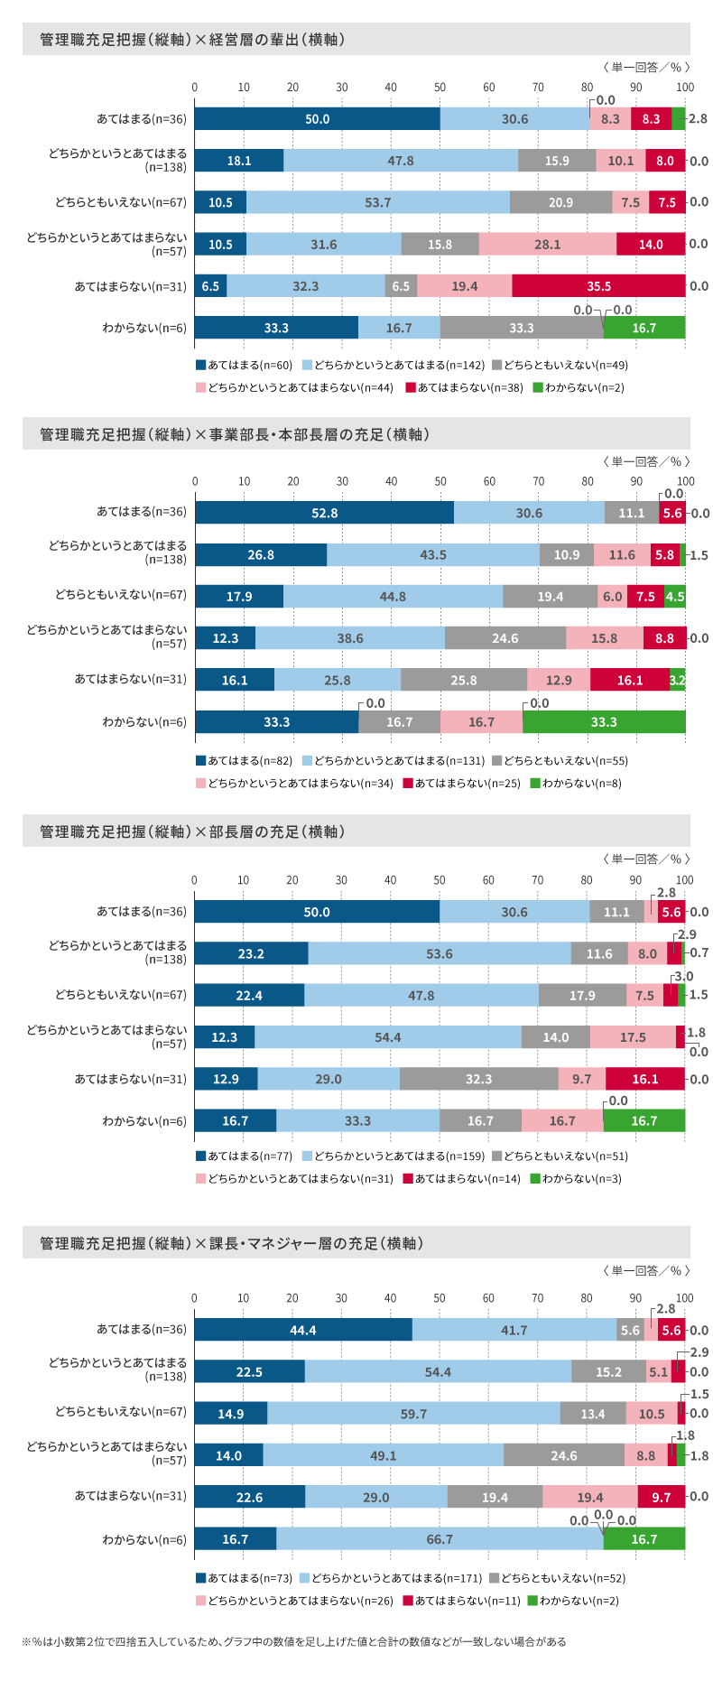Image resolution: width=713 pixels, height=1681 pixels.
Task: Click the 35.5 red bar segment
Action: point(598,286)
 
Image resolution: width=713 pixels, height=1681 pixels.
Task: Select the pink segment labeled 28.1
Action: point(547,245)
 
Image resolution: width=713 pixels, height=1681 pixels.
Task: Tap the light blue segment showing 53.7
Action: point(377,202)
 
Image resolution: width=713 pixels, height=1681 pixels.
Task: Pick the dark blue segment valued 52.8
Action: point(324,513)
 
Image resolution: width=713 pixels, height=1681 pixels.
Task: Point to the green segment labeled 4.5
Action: point(674,597)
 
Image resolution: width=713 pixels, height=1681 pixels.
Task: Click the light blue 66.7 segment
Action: point(440,1539)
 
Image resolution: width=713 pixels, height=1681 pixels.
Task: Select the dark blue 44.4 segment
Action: point(303,1330)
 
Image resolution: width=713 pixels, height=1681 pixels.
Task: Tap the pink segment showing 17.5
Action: point(633,1037)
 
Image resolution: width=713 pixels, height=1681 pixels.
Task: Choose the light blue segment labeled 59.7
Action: point(413,1414)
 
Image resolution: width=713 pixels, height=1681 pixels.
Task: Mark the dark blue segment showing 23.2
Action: point(251,953)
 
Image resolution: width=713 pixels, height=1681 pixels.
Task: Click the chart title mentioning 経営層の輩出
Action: point(191,40)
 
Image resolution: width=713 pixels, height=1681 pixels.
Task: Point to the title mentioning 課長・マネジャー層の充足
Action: point(231,1243)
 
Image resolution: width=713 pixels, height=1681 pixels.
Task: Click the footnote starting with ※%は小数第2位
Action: point(293,1641)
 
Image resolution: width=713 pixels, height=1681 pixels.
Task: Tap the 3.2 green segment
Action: point(677,680)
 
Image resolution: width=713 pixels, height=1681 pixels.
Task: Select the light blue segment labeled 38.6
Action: point(350,638)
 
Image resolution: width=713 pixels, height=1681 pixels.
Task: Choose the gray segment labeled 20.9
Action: point(560,202)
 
